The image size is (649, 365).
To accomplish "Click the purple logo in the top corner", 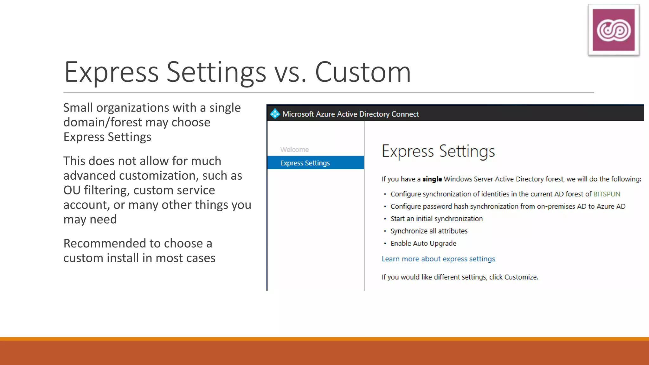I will (614, 30).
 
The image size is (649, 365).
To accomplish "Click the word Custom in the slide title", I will (363, 72).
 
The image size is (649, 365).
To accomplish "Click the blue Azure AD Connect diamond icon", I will (275, 114).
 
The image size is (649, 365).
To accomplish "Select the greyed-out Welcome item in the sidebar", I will (294, 150).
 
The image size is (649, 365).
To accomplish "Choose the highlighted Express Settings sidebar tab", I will (305, 163).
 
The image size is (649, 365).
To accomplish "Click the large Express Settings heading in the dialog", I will (438, 151).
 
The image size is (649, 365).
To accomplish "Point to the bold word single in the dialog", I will (432, 179).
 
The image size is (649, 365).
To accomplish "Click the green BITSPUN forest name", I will (607, 194).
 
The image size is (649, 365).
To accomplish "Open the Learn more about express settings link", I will (438, 259).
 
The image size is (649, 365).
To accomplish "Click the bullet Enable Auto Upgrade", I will (423, 243).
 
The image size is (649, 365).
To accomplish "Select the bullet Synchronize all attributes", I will (429, 231).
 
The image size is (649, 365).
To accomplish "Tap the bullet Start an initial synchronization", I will (436, 219).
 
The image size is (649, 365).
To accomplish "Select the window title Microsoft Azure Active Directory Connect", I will (350, 114).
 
